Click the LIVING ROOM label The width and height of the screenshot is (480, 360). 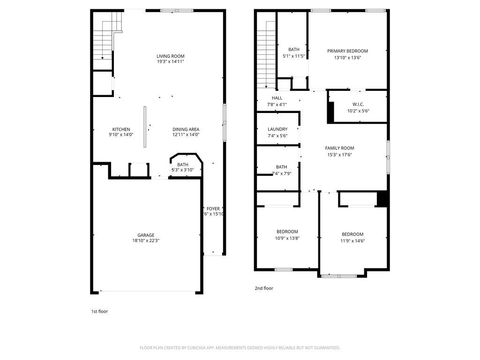pos(170,56)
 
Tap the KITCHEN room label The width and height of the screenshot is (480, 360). pos(121,129)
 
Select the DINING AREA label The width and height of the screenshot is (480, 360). pos(186,129)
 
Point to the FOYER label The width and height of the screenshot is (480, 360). pos(213,209)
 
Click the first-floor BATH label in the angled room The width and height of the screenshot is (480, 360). pos(182,165)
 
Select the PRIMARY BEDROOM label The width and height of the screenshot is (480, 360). pos(347,51)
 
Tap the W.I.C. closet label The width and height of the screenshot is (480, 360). pos(358,104)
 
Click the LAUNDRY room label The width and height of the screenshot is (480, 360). pos(277,129)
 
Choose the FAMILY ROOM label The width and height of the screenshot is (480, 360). pos(339,148)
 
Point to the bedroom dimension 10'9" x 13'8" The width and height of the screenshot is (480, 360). pos(287,238)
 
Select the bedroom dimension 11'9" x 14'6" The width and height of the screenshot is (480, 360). pos(352,241)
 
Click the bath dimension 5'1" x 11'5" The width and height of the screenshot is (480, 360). pos(294,56)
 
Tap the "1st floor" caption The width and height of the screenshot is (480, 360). pos(99,311)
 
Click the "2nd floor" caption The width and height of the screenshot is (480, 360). pos(264,288)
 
